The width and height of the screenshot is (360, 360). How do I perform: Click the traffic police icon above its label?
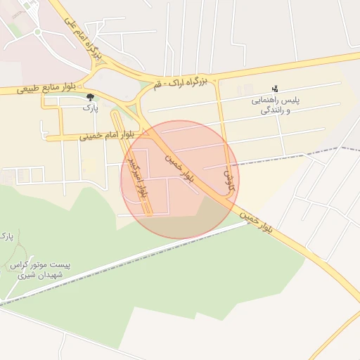(x=274, y=89)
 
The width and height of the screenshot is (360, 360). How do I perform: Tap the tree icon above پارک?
(x=89, y=96)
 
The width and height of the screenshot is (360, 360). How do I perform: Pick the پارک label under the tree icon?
(x=90, y=108)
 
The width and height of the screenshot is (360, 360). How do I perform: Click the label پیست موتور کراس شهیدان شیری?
(x=39, y=270)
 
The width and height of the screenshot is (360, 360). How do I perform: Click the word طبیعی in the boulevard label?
(x=24, y=89)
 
